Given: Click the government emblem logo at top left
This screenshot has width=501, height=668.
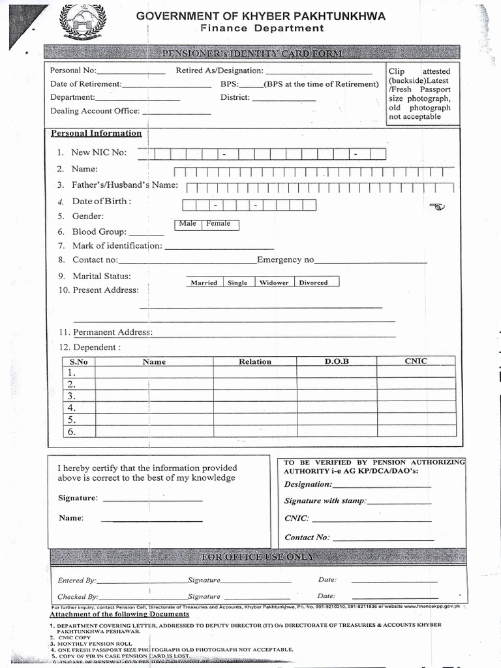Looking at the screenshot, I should point(82,23).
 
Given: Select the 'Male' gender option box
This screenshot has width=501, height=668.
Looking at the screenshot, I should point(188,224).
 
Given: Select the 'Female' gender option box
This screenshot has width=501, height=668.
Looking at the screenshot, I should point(219,224).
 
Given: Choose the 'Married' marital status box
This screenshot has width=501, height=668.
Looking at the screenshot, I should point(204,282).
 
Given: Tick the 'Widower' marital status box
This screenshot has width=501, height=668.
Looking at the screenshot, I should point(273,282).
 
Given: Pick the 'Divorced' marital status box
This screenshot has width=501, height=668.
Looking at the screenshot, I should point(314,282).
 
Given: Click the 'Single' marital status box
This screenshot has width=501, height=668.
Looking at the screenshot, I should point(237,282).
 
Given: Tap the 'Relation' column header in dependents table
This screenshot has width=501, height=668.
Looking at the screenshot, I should point(255,361).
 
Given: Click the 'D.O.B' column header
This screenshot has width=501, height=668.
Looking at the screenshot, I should point(337,361).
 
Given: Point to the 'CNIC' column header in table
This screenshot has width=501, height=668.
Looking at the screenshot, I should point(416,361).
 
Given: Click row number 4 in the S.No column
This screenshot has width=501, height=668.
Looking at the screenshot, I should point(72,408).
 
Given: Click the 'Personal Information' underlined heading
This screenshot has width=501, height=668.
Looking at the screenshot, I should point(96,133).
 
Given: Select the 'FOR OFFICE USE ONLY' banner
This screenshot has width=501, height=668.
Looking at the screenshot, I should point(258,556).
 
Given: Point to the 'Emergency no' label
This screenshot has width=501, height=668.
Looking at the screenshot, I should point(285,260).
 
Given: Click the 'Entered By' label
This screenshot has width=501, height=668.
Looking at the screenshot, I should point(77,580).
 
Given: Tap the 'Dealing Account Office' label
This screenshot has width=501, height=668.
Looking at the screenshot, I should point(95,111).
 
